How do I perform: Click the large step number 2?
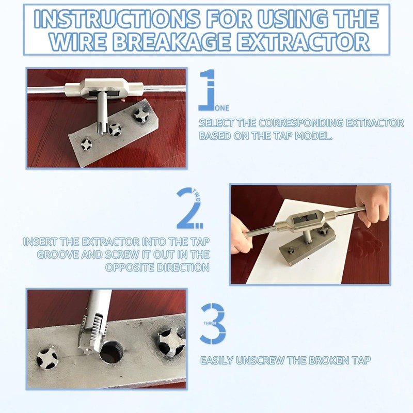pyautogui.click(x=187, y=209)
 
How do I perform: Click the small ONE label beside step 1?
pyautogui.click(x=223, y=108)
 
